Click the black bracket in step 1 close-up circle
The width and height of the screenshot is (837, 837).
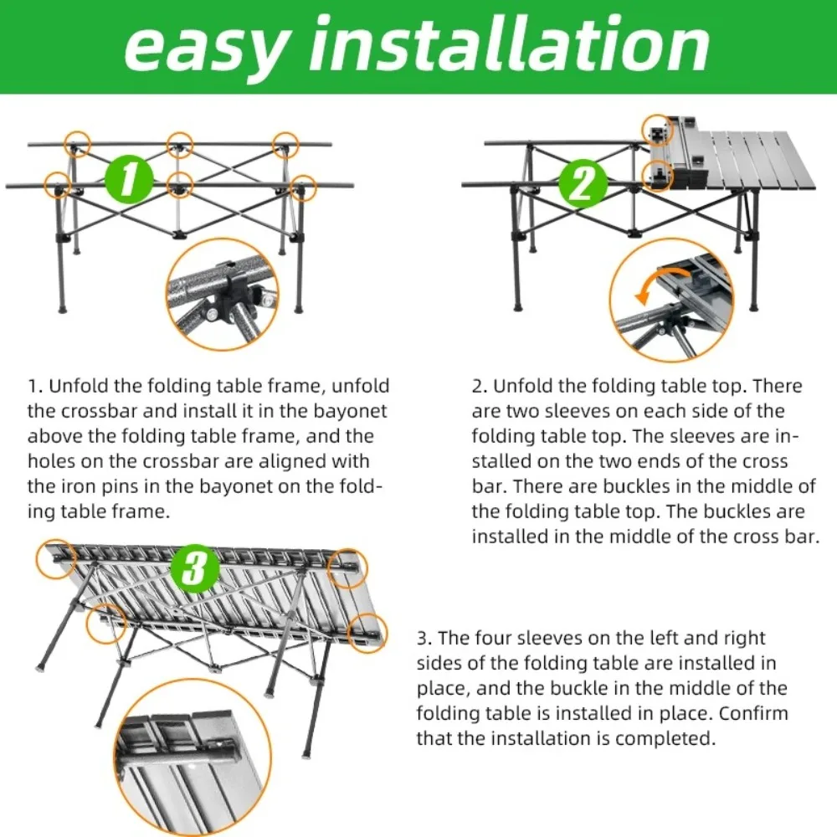[x=234, y=289]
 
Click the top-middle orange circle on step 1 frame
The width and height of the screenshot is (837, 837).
[x=179, y=145]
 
